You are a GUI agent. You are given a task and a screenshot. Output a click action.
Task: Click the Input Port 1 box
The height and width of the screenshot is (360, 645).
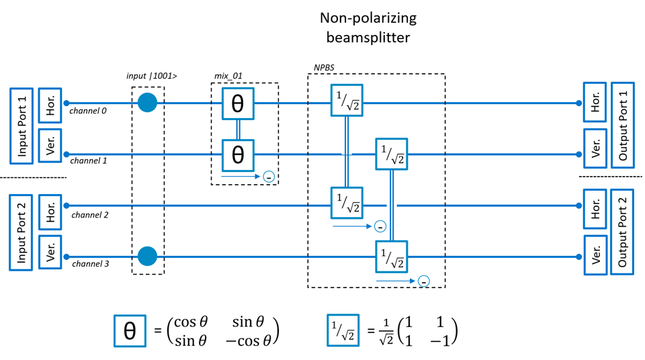click(21, 126)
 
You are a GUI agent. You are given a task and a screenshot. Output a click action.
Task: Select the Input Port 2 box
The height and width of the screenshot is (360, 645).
click(21, 232)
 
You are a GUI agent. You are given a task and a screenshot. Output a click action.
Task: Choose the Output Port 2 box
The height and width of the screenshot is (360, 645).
click(622, 232)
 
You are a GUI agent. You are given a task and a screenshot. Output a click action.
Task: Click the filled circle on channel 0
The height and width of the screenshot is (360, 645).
click(147, 103)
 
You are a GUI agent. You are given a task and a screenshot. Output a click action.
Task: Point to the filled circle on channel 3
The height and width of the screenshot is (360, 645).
click(147, 256)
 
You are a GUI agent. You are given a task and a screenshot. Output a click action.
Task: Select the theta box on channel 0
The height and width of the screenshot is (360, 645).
click(238, 103)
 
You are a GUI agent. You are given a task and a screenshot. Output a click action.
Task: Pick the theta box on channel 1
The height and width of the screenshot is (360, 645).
click(238, 154)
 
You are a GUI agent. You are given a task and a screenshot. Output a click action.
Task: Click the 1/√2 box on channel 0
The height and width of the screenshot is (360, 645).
click(347, 101)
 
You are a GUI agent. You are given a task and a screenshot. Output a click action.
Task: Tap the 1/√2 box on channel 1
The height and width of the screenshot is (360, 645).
click(391, 154)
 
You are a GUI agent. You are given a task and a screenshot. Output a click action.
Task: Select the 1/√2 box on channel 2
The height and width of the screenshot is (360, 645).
click(347, 203)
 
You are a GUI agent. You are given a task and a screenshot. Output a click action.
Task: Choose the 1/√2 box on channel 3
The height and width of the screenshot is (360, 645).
click(391, 257)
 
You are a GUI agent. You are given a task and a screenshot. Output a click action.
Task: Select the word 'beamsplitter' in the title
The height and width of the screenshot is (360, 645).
click(368, 38)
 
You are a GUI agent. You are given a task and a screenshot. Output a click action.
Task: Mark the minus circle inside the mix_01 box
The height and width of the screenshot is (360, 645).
click(269, 177)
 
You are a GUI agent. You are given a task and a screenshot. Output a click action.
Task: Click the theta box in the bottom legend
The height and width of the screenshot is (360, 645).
click(130, 330)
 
